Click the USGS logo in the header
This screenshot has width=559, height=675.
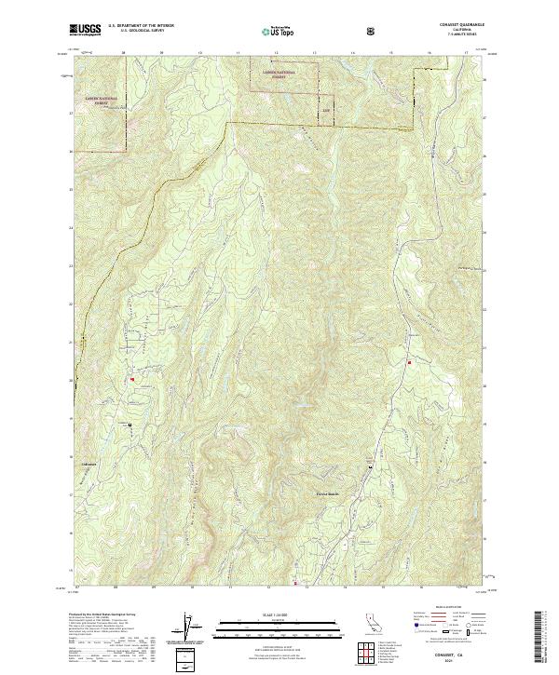tap(86, 30)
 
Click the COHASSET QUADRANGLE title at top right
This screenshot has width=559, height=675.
tap(463, 24)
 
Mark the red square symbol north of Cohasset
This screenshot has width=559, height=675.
tap(132, 379)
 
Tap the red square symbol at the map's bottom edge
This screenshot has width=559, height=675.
tap(296, 585)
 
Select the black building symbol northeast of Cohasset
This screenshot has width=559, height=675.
tap(129, 425)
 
